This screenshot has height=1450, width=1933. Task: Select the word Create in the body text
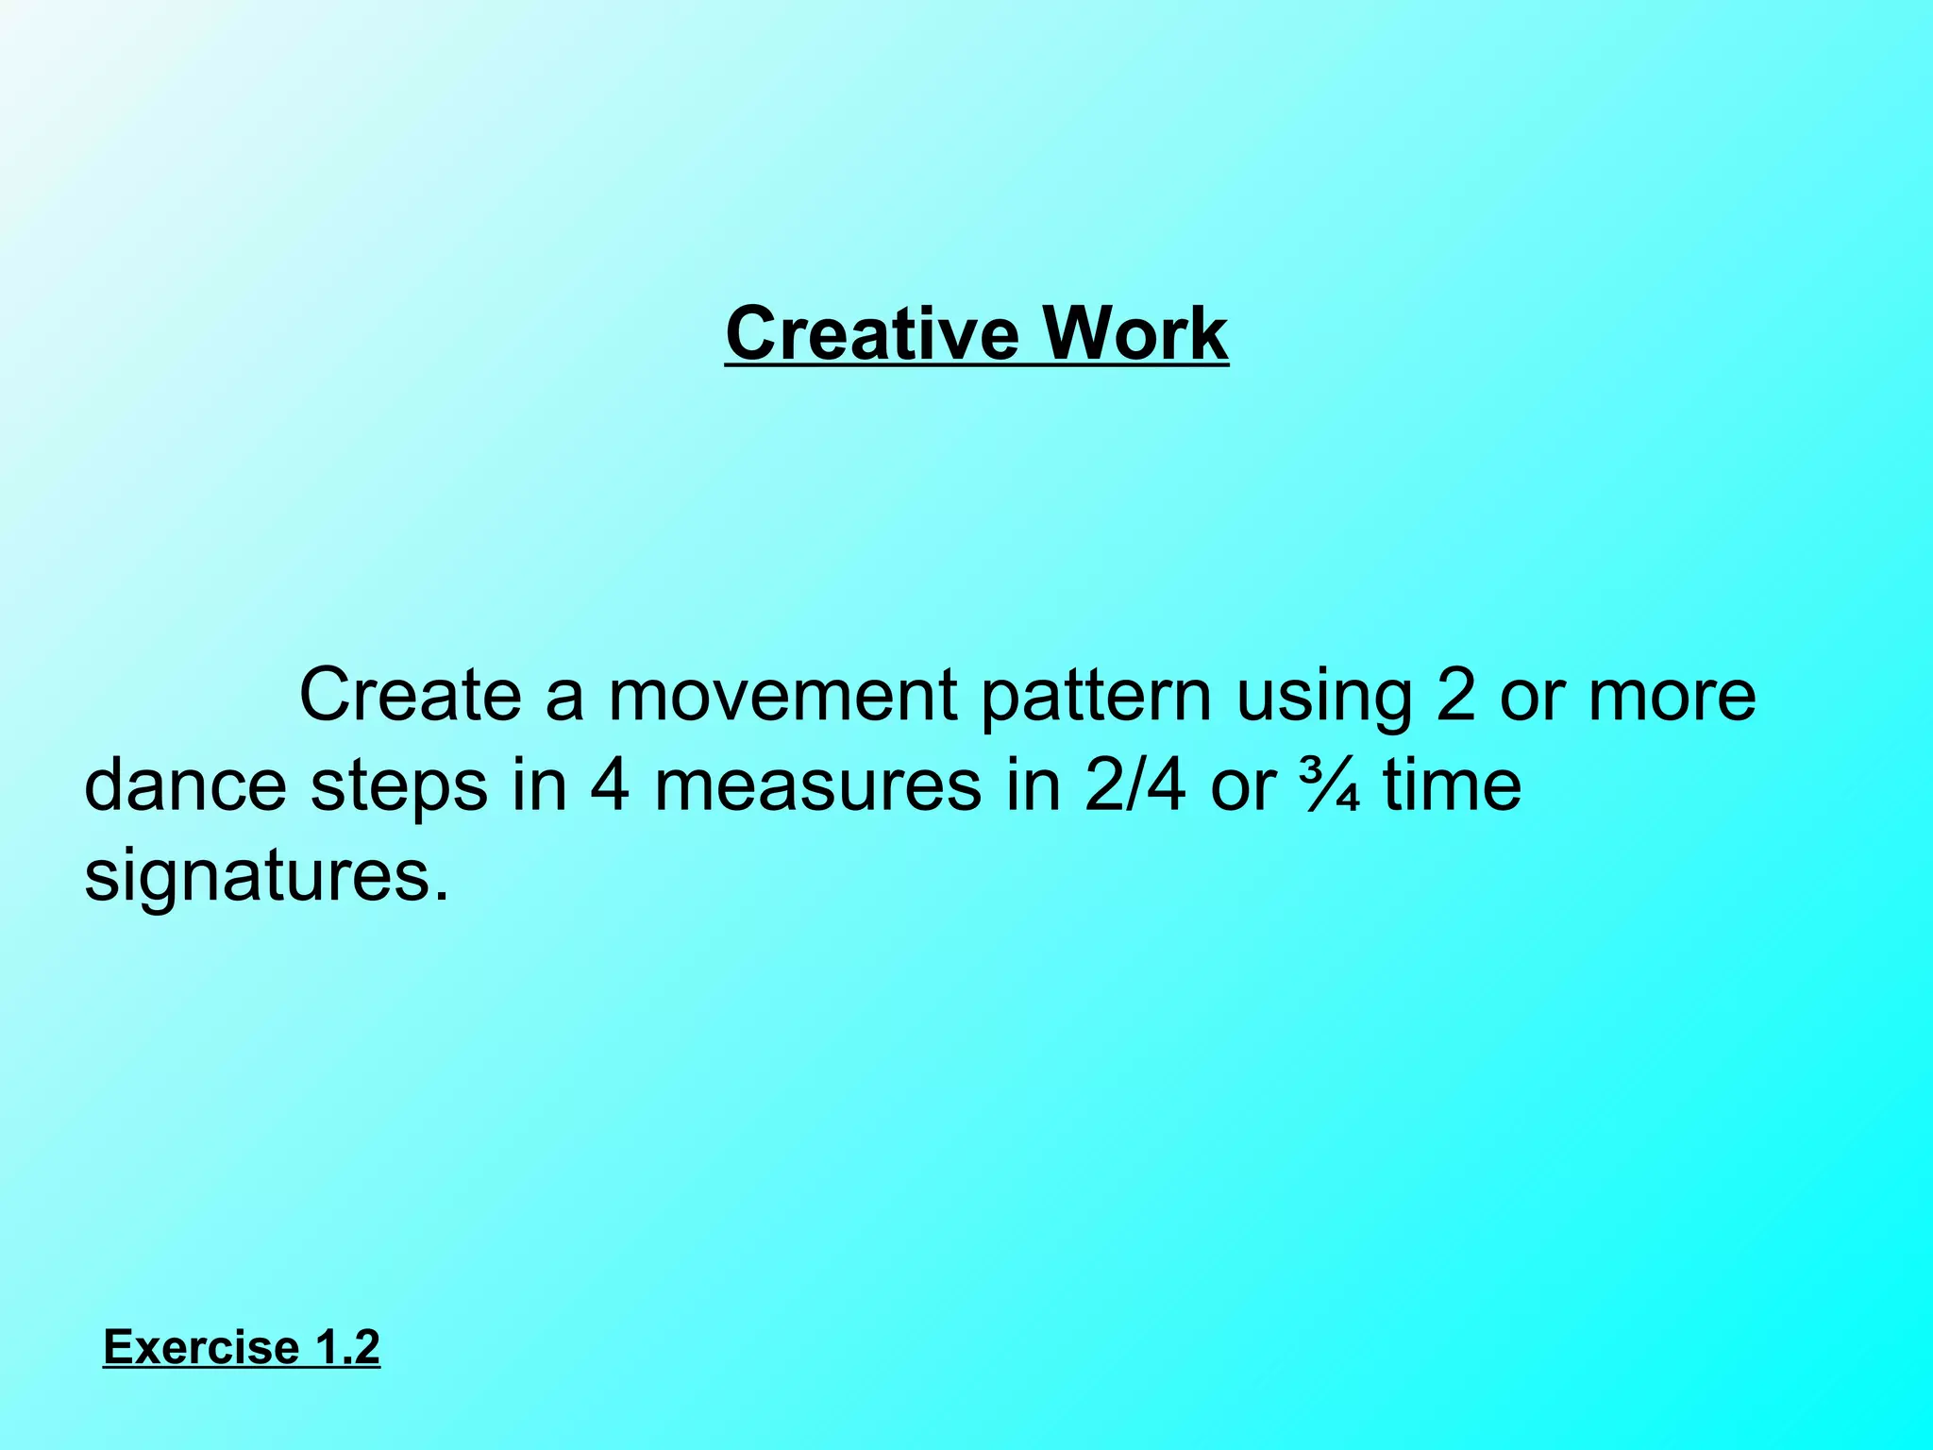click(x=410, y=695)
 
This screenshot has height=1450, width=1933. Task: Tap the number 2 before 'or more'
click(x=1455, y=695)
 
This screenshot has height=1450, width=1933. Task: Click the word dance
click(x=185, y=785)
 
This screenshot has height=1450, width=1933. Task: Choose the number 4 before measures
click(x=609, y=785)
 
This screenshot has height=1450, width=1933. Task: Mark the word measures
click(x=817, y=787)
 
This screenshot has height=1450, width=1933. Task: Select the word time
click(x=1453, y=785)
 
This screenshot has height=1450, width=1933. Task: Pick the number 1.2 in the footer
click(x=346, y=1347)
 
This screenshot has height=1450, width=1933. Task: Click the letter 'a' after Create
click(x=563, y=697)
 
